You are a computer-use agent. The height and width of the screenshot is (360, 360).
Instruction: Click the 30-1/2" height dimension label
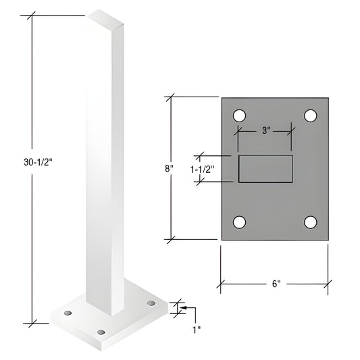point(34,161)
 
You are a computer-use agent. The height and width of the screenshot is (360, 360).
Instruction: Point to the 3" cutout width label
point(265,130)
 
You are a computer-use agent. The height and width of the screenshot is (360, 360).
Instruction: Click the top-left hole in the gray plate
point(239,115)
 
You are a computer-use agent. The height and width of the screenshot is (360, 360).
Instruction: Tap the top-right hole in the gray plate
point(310,115)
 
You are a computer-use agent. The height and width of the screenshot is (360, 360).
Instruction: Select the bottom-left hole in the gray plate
point(239,222)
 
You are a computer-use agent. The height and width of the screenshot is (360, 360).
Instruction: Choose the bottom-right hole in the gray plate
point(310,222)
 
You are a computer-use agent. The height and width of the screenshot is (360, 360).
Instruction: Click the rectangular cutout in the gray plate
point(265,169)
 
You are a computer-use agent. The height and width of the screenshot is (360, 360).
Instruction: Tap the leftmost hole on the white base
point(68,313)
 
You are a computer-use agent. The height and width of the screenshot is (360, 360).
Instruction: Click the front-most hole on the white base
point(102,332)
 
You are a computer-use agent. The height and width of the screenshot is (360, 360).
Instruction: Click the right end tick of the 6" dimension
point(329,284)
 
